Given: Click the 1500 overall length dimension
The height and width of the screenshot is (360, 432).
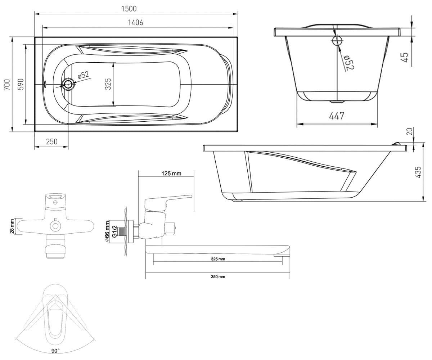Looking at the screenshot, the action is pyautogui.click(x=129, y=9).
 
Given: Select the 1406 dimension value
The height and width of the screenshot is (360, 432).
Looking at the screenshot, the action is pyautogui.click(x=135, y=22).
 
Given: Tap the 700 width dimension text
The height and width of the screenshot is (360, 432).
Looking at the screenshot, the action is pyautogui.click(x=7, y=84).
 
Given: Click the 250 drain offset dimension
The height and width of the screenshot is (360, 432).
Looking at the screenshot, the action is pyautogui.click(x=51, y=142).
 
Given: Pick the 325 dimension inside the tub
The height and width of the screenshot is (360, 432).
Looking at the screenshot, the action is pyautogui.click(x=108, y=84).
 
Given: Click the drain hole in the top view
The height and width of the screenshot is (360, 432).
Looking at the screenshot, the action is pyautogui.click(x=68, y=84).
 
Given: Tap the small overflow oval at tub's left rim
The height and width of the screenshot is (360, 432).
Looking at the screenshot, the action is pyautogui.click(x=45, y=84).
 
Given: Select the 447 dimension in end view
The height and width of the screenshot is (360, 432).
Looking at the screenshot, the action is pyautogui.click(x=337, y=116).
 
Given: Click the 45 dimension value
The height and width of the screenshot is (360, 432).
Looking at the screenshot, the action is pyautogui.click(x=405, y=57).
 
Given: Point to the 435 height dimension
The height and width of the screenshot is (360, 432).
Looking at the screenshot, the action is pyautogui.click(x=418, y=172).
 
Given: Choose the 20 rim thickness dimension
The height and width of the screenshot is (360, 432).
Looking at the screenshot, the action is pyautogui.click(x=410, y=132).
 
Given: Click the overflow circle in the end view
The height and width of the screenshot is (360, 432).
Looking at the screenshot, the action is pyautogui.click(x=337, y=41).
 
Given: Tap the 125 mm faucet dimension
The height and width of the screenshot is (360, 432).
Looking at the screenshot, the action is pyautogui.click(x=171, y=174).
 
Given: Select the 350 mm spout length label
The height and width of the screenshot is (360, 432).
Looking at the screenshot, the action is pyautogui.click(x=218, y=276).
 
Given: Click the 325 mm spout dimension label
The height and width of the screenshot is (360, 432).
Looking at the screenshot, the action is pyautogui.click(x=218, y=259).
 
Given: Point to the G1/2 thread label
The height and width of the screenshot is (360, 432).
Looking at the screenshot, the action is pyautogui.click(x=114, y=231).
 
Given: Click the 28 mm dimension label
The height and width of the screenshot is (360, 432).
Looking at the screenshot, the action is pyautogui.click(x=12, y=226).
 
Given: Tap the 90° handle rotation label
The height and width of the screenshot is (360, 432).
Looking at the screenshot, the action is pyautogui.click(x=55, y=351).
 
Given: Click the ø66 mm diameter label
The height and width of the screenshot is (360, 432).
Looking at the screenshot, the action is pyautogui.click(x=107, y=231).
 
